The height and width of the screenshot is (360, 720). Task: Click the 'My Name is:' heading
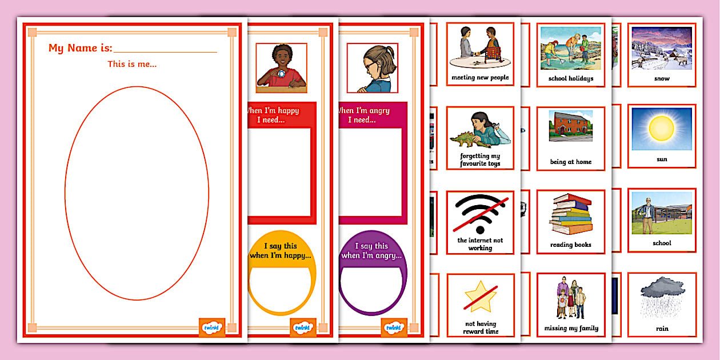pyautogui.click(x=80, y=49)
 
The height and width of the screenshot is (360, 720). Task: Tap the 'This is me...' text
pyautogui.click(x=132, y=64)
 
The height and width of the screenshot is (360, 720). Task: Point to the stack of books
pyautogui.click(x=570, y=216)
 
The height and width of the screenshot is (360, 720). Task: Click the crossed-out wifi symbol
pyautogui.click(x=480, y=213)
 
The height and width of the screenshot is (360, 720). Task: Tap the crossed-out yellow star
pyautogui.click(x=480, y=296)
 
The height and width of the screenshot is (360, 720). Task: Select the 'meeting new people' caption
pyautogui.click(x=480, y=78)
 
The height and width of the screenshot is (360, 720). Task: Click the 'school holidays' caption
pyautogui.click(x=570, y=79)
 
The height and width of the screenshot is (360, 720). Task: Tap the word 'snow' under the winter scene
pyautogui.click(x=662, y=79)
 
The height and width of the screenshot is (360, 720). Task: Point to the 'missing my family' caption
pyautogui.click(x=570, y=328)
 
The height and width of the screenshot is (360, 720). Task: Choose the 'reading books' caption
pyautogui.click(x=570, y=245)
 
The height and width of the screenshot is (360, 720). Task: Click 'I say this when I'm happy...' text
pyautogui.click(x=281, y=251)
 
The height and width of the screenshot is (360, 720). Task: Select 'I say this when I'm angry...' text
pyautogui.click(x=371, y=251)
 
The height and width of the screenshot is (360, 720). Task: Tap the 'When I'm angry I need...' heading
pyautogui.click(x=365, y=115)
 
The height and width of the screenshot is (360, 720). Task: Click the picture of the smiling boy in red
pyautogui.click(x=281, y=68)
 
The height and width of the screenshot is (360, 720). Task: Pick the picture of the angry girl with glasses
pyautogui.click(x=372, y=68)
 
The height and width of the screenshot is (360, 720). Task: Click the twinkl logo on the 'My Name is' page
pyautogui.click(x=211, y=328)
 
